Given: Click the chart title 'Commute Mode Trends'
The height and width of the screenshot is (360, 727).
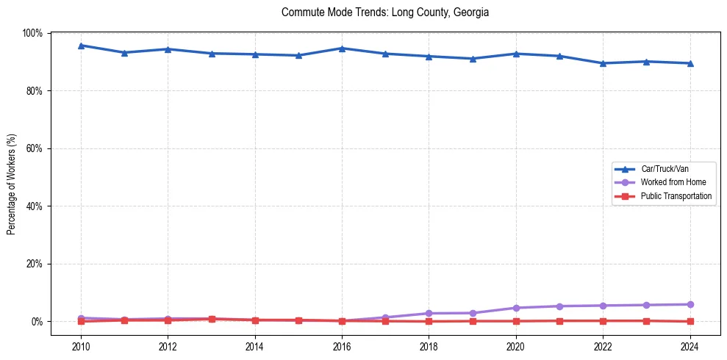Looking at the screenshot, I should tap(385, 12).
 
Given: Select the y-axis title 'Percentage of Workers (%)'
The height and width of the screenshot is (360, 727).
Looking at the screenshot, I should tap(11, 184).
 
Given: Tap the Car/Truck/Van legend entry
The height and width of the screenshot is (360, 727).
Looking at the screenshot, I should tap(665, 169).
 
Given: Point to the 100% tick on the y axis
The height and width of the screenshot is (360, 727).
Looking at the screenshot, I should tap(33, 33).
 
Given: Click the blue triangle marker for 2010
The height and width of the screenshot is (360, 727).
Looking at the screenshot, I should tap(81, 46).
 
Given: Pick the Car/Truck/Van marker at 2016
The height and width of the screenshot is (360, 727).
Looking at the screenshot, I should tap(342, 48).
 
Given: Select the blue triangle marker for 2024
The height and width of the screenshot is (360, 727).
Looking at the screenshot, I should tap(690, 63).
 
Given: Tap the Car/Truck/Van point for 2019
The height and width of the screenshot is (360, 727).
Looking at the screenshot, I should tap(473, 59).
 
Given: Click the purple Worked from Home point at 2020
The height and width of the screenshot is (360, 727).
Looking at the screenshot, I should tap(516, 308).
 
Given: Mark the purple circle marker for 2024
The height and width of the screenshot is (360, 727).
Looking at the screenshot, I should tap(690, 304).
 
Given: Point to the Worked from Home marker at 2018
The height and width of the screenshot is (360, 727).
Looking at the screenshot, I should tap(429, 313).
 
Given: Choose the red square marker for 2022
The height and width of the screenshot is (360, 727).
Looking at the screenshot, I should tap(603, 320).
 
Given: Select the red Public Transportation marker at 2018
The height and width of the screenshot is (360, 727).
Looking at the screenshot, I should tap(429, 321).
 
